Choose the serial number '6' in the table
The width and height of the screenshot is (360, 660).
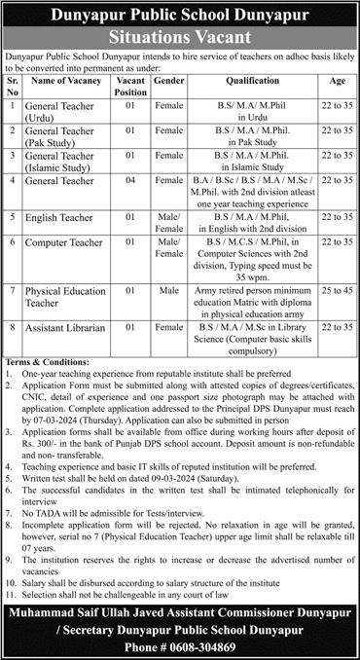(12, 240)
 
